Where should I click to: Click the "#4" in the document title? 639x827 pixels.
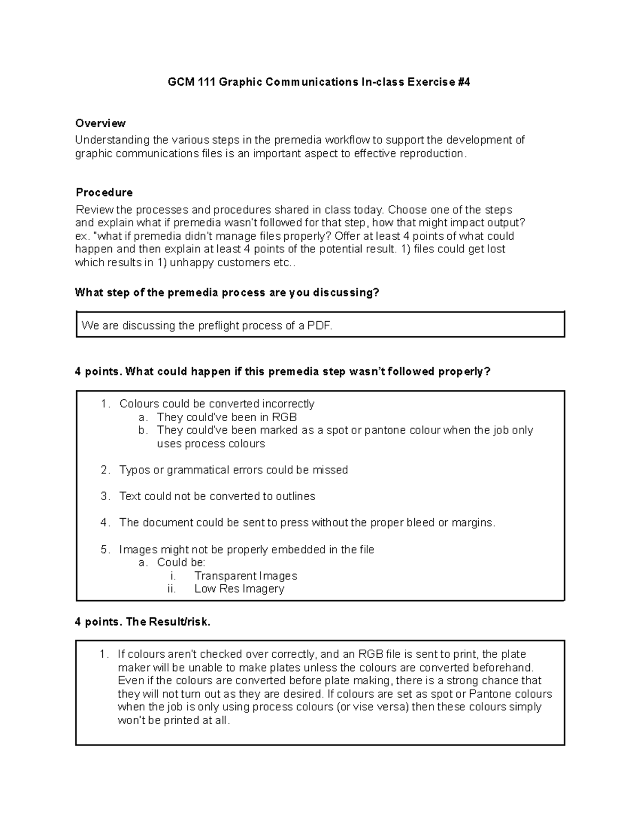[463, 82]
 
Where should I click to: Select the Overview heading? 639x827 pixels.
[100, 124]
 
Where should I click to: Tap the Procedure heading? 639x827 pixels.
[104, 192]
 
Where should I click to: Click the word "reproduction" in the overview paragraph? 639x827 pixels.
[433, 153]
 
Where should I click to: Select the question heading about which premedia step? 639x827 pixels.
[227, 292]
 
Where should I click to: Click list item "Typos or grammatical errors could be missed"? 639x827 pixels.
[233, 470]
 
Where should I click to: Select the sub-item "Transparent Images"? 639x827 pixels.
[245, 576]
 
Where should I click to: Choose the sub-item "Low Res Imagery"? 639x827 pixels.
[239, 589]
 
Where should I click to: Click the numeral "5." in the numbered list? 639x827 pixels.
[105, 550]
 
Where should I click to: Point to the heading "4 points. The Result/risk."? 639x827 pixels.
[143, 622]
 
